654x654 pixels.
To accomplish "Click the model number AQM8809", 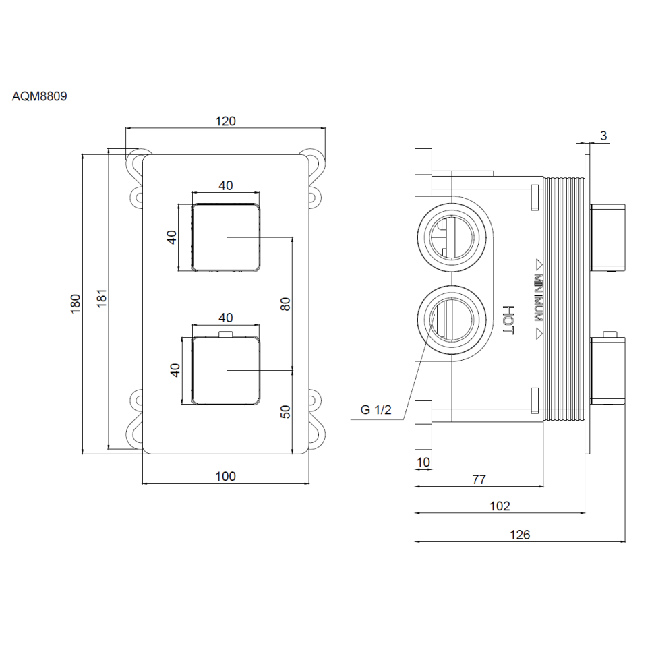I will click(x=40, y=96).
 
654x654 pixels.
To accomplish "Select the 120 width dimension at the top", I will click(x=225, y=121).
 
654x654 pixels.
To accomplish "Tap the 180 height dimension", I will click(x=75, y=303).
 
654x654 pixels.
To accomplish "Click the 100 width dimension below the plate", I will click(x=225, y=477).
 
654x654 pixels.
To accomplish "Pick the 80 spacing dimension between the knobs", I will click(x=285, y=303).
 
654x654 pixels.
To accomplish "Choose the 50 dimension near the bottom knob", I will click(x=285, y=411).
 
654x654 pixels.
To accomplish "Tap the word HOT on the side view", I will click(x=508, y=321).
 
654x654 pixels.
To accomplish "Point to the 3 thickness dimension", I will click(x=603, y=136).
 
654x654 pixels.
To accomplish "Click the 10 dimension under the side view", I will click(x=423, y=462).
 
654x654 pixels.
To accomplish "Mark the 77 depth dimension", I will click(x=479, y=480).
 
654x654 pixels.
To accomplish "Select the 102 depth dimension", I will click(x=500, y=506).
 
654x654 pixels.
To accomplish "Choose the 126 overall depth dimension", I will click(x=519, y=535).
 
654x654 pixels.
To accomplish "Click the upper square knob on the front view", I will click(x=226, y=237).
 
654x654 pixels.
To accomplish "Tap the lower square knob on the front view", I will click(x=226, y=371).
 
